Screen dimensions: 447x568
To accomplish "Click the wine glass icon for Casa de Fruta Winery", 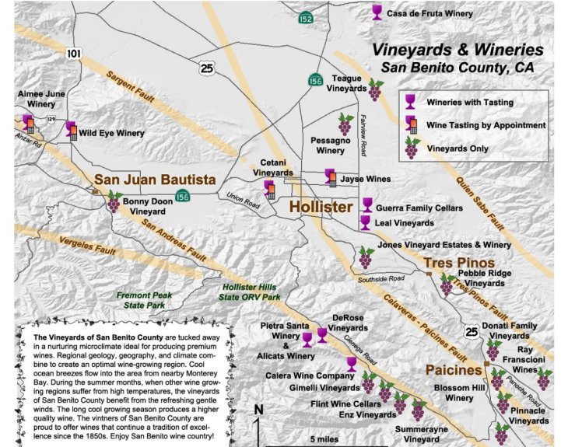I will point(377,12).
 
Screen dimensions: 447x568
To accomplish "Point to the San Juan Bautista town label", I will point(155,180).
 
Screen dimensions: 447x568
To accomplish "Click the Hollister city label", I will point(321,207).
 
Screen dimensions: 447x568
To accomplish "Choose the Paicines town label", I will point(454,370).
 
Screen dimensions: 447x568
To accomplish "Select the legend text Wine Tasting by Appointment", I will point(486,125).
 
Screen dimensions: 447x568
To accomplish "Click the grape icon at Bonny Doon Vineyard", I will point(114,202).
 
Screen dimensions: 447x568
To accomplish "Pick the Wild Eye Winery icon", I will point(72,130).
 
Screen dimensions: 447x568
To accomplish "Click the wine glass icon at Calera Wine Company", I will point(351,364).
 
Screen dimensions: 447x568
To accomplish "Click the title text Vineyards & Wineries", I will point(457,49).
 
